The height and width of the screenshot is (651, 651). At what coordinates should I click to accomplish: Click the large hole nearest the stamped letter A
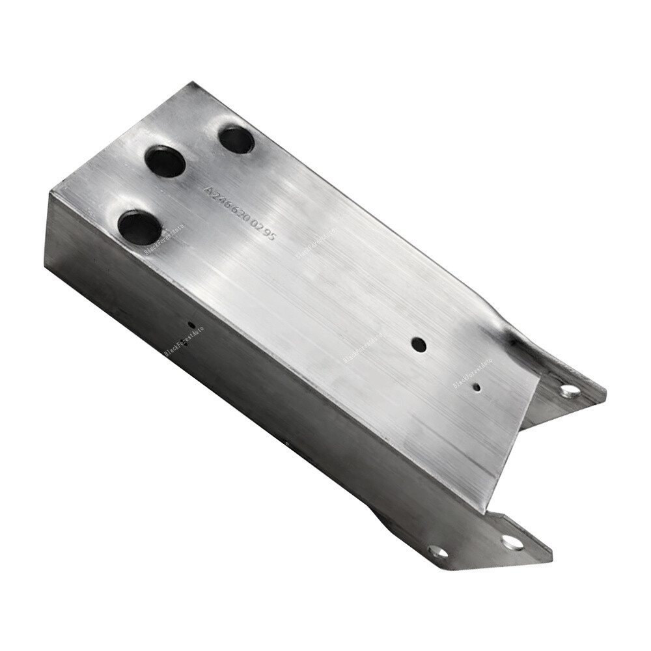[165, 161]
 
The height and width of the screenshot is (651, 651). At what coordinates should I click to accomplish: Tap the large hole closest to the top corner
[236, 139]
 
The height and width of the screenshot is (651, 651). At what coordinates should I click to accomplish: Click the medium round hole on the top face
[419, 344]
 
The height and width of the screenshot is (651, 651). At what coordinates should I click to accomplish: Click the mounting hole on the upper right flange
[570, 391]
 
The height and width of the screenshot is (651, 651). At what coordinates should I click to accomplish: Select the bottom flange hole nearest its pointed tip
[512, 542]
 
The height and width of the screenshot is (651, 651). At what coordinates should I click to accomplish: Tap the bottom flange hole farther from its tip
[437, 552]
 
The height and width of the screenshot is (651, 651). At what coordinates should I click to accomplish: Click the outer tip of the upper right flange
[605, 393]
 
